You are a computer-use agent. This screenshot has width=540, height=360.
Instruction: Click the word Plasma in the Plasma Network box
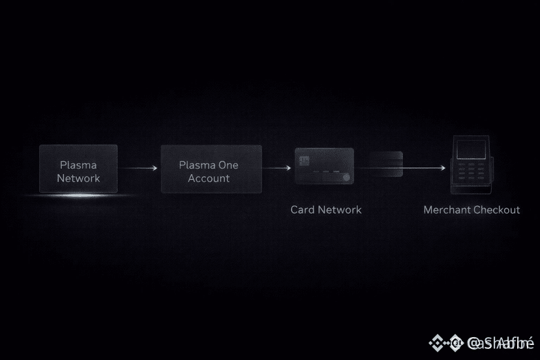tap(78, 166)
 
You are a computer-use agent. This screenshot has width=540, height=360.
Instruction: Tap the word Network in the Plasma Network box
tap(78, 178)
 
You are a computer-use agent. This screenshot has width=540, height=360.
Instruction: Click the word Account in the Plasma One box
tap(209, 178)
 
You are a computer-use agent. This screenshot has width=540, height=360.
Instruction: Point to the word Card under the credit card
tap(302, 210)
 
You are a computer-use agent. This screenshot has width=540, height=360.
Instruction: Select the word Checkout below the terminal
tap(497, 210)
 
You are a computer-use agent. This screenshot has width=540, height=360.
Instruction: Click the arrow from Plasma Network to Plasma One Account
tap(139, 168)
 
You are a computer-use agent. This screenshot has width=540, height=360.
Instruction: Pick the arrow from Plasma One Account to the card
tap(277, 168)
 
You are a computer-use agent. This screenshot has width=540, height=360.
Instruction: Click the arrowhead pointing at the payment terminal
tap(444, 168)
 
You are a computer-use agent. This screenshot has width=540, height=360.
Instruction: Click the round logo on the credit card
tap(346, 176)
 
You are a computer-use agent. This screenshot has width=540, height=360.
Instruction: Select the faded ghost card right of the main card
tap(387, 164)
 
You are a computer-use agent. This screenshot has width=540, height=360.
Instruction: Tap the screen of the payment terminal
tap(470, 149)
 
